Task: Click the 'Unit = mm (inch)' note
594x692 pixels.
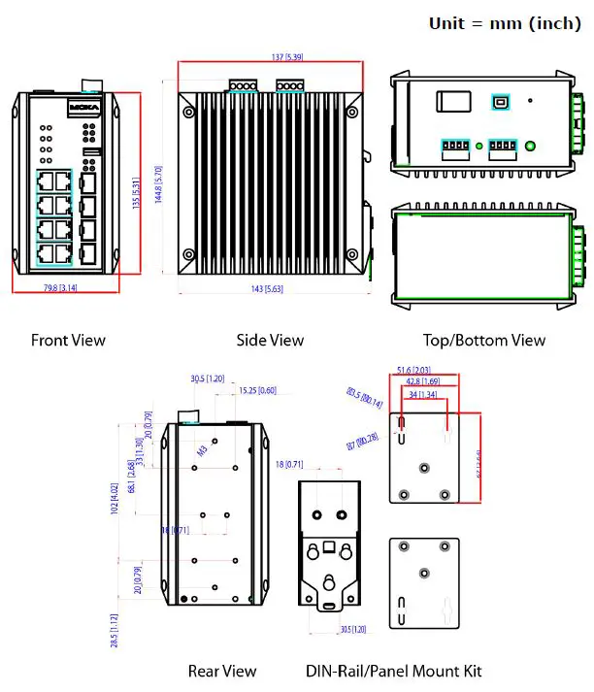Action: [x=504, y=23]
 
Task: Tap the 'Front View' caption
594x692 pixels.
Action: [x=68, y=340]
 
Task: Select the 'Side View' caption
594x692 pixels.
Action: [x=270, y=340]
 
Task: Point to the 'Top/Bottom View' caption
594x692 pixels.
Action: [x=483, y=340]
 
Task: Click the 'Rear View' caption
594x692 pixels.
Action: [x=222, y=671]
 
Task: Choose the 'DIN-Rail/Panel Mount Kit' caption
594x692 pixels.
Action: [x=393, y=671]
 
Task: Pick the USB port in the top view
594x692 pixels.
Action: [x=501, y=100]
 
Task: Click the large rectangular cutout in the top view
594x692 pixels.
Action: [x=453, y=103]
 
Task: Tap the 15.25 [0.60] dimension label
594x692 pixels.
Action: [x=257, y=390]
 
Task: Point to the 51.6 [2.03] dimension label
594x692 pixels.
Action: [x=415, y=370]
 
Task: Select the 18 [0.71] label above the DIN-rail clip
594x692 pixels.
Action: [x=290, y=465]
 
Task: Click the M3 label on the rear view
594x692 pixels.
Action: [x=203, y=450]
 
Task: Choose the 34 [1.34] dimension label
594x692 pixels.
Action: [x=421, y=394]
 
